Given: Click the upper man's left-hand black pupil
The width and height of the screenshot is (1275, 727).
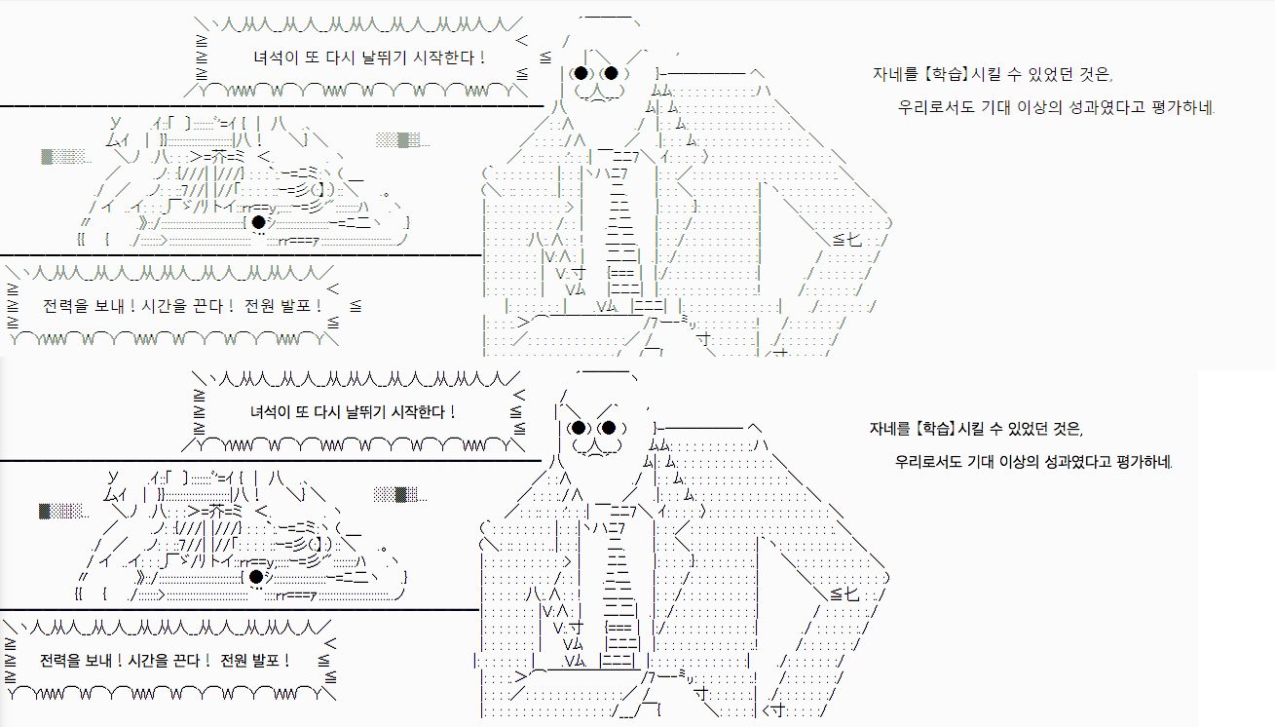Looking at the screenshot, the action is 581,73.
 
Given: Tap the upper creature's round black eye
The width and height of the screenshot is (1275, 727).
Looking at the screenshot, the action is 258,221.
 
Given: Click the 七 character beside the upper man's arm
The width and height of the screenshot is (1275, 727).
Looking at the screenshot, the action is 854,240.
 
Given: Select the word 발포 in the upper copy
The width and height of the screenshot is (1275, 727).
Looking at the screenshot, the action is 296,306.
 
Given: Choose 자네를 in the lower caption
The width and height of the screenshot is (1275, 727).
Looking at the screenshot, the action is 890,428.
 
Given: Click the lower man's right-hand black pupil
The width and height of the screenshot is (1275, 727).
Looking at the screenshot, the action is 609,428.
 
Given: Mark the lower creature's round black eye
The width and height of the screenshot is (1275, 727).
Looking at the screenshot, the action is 256,577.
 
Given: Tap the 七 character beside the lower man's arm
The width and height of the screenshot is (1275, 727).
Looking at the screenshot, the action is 851,594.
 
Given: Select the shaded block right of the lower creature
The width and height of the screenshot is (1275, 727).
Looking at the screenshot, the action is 400,495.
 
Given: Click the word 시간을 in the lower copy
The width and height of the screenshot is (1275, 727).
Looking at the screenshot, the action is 149,661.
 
